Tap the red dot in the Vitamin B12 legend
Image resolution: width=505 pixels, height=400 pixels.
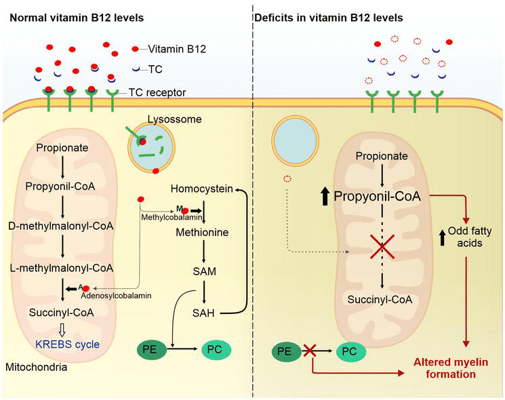coord(136,49)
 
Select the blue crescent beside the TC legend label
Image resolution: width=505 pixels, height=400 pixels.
coord(136,68)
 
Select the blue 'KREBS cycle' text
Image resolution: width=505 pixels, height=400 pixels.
coord(68,344)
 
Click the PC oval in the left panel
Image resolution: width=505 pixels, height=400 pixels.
coord(220,350)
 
